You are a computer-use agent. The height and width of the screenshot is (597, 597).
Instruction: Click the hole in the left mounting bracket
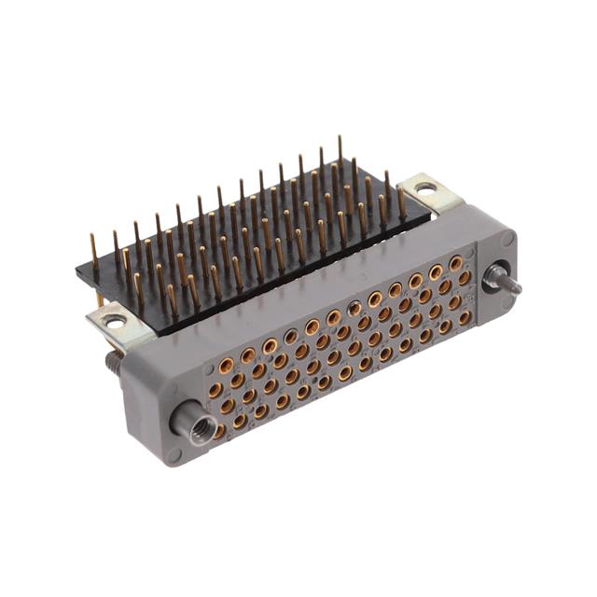coord(115,322)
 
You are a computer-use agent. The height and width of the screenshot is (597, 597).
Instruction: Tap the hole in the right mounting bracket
coord(425,188)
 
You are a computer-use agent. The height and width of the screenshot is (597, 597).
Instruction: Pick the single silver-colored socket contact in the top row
coord(354,309)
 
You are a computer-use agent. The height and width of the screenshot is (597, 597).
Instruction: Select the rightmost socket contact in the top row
coord(456,264)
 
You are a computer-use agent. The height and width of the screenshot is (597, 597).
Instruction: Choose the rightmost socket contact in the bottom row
coord(465,317)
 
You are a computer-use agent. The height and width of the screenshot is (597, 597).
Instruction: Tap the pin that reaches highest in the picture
coord(340,140)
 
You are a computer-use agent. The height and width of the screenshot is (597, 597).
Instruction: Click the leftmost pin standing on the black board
coord(93,241)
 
